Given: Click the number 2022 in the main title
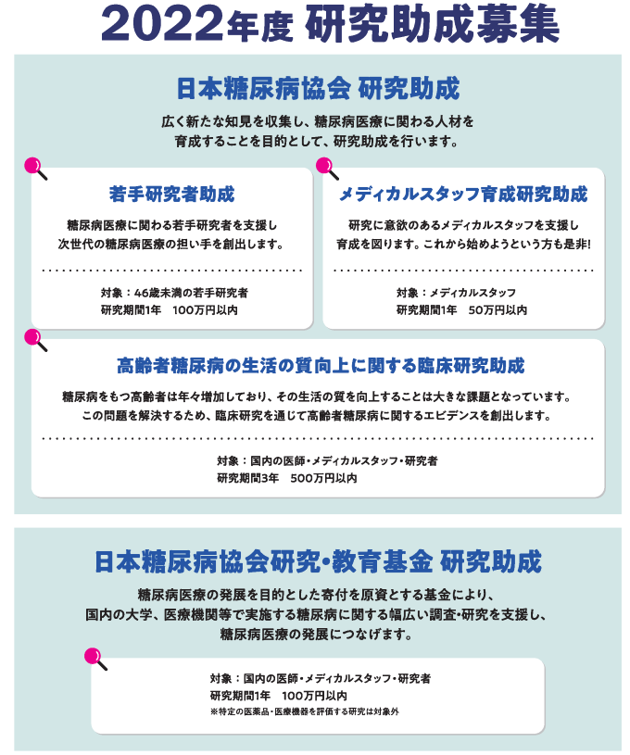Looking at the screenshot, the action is [x=162, y=25].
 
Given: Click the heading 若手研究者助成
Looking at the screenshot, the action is [x=172, y=194].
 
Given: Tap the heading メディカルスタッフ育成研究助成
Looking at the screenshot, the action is [x=463, y=194].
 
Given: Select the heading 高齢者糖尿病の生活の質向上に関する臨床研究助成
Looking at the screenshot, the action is [x=321, y=366].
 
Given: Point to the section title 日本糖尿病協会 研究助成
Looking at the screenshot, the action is [x=318, y=89].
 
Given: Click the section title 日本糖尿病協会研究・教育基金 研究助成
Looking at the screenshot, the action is [x=318, y=562].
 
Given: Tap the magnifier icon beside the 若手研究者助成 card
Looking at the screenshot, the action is [x=35, y=169].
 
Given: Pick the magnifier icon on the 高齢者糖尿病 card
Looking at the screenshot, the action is [x=35, y=340].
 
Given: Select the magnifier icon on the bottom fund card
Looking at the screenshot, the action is [x=95, y=659].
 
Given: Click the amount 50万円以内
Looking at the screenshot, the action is [x=498, y=310].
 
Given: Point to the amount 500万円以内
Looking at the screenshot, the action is [x=323, y=478].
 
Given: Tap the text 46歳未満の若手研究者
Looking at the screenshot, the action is [x=191, y=293].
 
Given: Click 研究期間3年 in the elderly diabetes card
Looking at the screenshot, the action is [x=247, y=478].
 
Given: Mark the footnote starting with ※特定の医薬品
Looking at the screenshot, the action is [x=305, y=711].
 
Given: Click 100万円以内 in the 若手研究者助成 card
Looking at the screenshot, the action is [x=205, y=310].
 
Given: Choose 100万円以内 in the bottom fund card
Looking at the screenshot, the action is [x=314, y=696].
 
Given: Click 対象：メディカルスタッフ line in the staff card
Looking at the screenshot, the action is [x=456, y=293].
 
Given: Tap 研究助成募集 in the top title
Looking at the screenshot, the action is [x=432, y=25].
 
